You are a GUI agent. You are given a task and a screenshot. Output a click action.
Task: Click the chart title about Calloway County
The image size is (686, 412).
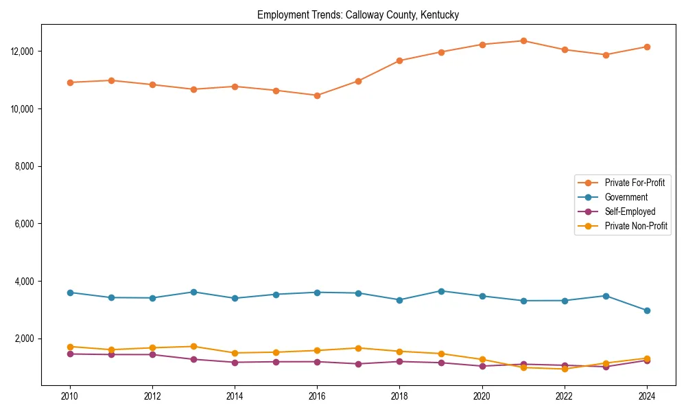(358, 14)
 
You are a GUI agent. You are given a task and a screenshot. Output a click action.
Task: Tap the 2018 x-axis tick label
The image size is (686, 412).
(399, 396)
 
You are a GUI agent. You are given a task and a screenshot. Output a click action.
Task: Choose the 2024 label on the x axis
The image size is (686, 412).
(647, 396)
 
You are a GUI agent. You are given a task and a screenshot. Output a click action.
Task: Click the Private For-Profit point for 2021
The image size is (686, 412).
(523, 41)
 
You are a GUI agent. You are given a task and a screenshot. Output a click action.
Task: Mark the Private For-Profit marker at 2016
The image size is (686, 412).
(317, 95)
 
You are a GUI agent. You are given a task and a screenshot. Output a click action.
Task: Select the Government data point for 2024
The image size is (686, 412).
(647, 310)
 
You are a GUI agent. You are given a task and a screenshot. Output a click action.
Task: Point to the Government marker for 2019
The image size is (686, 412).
(441, 291)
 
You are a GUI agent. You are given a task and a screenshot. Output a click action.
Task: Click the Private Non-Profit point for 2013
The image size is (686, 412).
(193, 347)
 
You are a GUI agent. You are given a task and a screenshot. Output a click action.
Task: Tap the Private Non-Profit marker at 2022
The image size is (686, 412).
(565, 369)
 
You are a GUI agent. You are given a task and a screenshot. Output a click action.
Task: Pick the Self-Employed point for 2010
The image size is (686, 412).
(70, 354)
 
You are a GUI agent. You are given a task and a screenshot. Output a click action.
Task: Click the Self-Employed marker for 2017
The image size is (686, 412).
(358, 364)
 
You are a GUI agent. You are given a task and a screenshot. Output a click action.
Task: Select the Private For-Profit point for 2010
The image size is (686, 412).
(70, 82)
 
